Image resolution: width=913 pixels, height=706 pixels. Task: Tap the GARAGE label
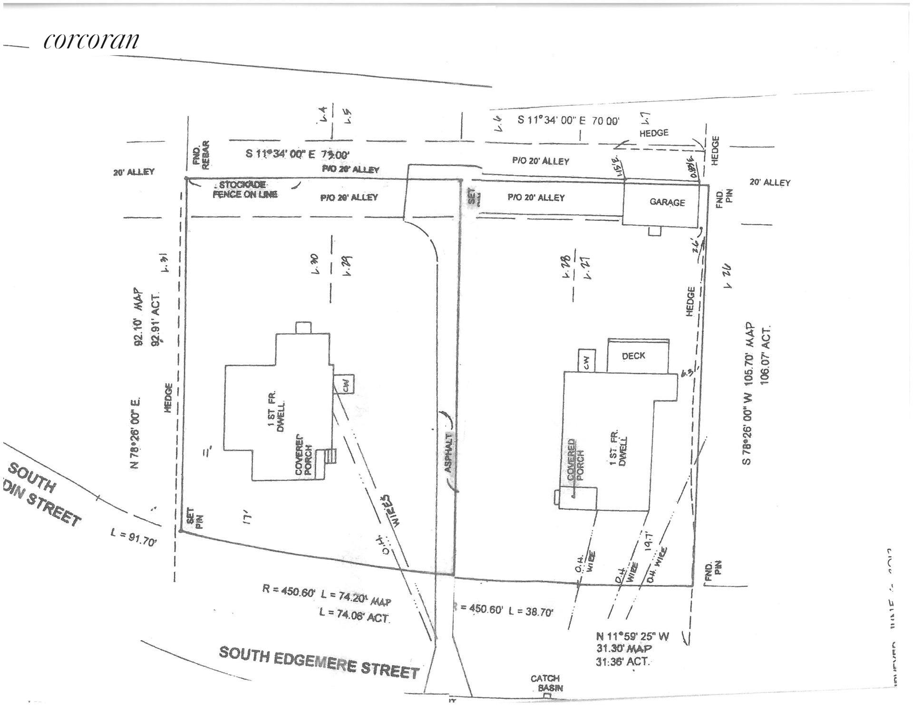[667, 202]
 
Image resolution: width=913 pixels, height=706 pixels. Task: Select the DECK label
[633, 356]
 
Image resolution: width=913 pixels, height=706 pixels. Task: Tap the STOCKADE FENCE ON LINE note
[244, 189]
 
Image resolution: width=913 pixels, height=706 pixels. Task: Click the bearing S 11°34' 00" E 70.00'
[568, 120]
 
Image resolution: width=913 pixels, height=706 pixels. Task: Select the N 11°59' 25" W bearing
[632, 636]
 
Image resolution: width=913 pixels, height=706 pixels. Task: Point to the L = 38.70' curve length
[531, 611]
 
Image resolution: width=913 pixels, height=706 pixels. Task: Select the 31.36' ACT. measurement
[623, 662]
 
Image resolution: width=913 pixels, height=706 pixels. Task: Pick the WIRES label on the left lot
[393, 509]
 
